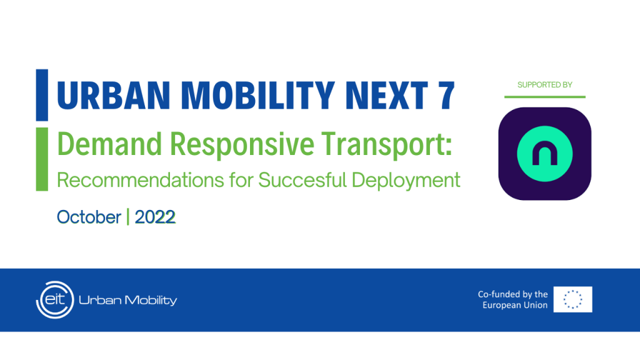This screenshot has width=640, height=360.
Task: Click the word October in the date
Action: pyautogui.click(x=89, y=217)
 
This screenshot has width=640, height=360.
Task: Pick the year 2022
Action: pyautogui.click(x=155, y=217)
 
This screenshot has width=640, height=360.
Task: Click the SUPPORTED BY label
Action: pyautogui.click(x=544, y=84)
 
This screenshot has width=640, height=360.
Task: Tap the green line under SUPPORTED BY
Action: pyautogui.click(x=544, y=97)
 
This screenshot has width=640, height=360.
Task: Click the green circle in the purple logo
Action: pyautogui.click(x=544, y=154)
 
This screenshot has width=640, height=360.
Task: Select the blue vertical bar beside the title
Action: pyautogui.click(x=42, y=95)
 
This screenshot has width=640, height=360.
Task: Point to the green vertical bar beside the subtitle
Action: pyautogui.click(x=42, y=159)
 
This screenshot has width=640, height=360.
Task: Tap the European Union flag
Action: pyautogui.click(x=573, y=299)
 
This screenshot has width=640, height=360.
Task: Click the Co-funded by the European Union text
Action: pyautogui.click(x=512, y=299)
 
